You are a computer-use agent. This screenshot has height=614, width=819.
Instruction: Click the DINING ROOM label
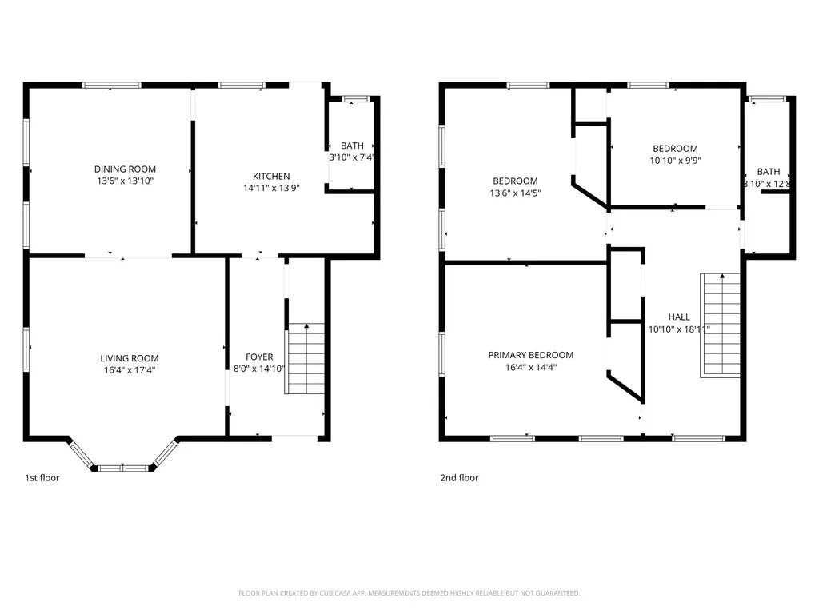[125, 169]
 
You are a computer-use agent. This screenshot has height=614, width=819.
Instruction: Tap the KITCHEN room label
[271, 176]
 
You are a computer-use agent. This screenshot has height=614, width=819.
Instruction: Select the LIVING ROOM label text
[129, 358]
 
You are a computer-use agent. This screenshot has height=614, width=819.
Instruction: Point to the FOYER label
[259, 357]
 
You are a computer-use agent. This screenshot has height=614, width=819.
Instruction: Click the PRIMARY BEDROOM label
[530, 355]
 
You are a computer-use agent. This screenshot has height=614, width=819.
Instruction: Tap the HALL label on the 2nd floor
[679, 317]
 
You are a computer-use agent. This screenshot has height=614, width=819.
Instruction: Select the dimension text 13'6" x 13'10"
[125, 181]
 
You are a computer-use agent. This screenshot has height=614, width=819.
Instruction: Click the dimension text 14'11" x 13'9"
[271, 189]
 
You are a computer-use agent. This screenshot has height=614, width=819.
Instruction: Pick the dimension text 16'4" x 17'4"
[129, 370]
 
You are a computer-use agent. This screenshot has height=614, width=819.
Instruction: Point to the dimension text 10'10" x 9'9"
[675, 161]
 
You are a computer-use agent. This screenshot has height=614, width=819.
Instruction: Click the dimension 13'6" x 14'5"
[515, 193]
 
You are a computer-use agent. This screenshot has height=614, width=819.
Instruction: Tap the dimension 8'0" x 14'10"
[259, 369]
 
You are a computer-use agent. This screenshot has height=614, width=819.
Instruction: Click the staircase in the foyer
[306, 358]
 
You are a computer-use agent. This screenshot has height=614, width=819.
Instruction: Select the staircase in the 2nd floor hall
[722, 325]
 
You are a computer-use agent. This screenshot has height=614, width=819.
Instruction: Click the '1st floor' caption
[42, 478]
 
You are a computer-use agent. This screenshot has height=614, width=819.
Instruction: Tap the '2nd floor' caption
[459, 478]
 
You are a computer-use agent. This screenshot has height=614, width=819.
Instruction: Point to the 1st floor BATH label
[352, 146]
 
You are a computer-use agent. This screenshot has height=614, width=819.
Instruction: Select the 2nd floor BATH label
[769, 172]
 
